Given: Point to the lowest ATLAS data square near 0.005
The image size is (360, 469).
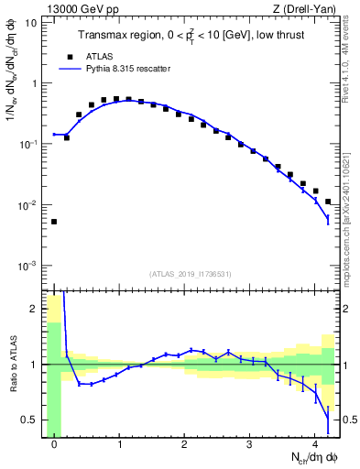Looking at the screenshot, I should point(54,222).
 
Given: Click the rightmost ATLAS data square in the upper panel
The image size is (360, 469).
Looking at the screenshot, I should point(328,202).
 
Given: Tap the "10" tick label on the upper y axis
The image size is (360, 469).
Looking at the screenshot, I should point(31,23).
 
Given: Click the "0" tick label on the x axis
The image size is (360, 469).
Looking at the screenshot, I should point(54,445).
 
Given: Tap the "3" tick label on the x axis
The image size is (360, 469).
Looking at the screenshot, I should point(250,445).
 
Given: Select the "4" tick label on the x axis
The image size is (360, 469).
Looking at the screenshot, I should point(315,445).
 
